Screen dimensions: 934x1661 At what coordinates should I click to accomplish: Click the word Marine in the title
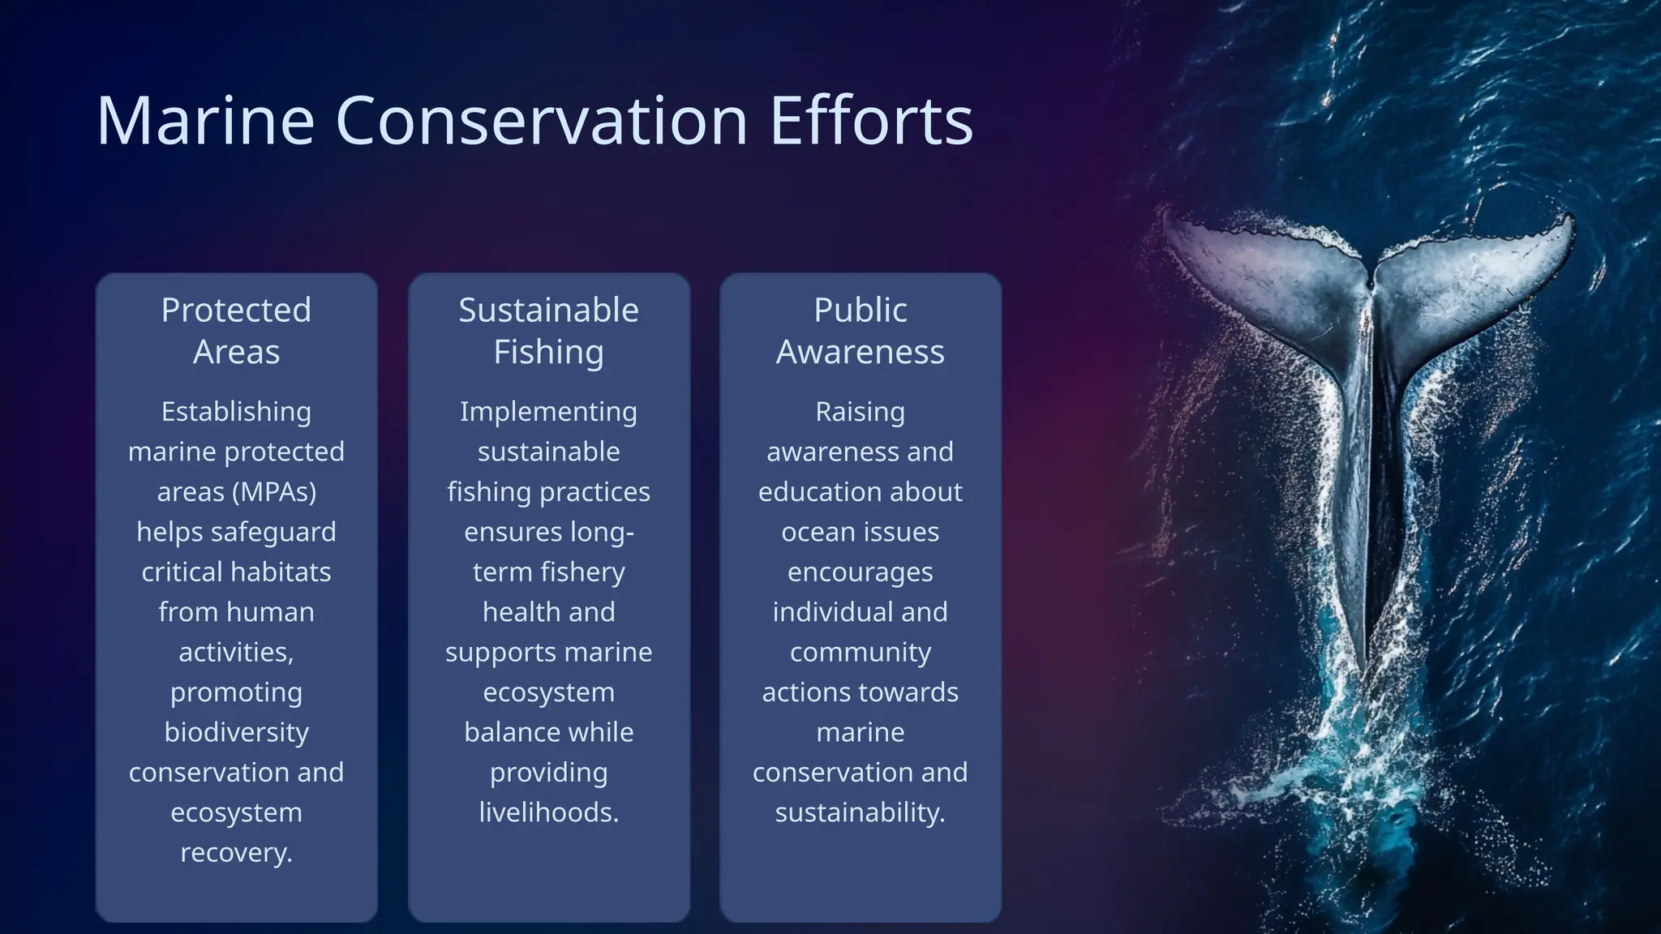pyautogui.click(x=205, y=121)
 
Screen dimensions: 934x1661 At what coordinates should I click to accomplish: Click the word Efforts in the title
pyautogui.click(x=871, y=121)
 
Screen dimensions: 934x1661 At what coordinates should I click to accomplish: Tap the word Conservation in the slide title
pyautogui.click(x=541, y=121)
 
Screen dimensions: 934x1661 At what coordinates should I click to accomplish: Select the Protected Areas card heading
pyautogui.click(x=236, y=331)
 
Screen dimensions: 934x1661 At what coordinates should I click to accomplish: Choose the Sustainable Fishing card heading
pyautogui.click(x=549, y=331)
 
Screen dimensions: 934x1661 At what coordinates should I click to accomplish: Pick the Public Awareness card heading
pyautogui.click(x=861, y=331)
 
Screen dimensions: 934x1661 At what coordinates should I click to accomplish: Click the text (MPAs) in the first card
pyautogui.click(x=278, y=492)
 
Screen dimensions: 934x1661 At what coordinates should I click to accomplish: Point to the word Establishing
pyautogui.click(x=236, y=412)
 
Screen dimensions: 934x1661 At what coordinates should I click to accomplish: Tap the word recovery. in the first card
pyautogui.click(x=236, y=853)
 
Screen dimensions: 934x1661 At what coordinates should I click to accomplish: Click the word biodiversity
pyautogui.click(x=236, y=733)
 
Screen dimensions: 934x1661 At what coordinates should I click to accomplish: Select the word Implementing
pyautogui.click(x=549, y=412)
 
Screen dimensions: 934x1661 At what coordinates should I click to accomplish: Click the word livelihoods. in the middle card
pyautogui.click(x=549, y=812)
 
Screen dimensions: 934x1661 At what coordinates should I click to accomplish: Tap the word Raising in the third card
pyautogui.click(x=861, y=412)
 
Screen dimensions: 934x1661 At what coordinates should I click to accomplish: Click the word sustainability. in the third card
pyautogui.click(x=861, y=812)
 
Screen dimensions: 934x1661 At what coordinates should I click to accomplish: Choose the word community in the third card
pyautogui.click(x=861, y=653)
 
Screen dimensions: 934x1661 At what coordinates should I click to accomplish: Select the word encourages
pyautogui.click(x=861, y=572)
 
